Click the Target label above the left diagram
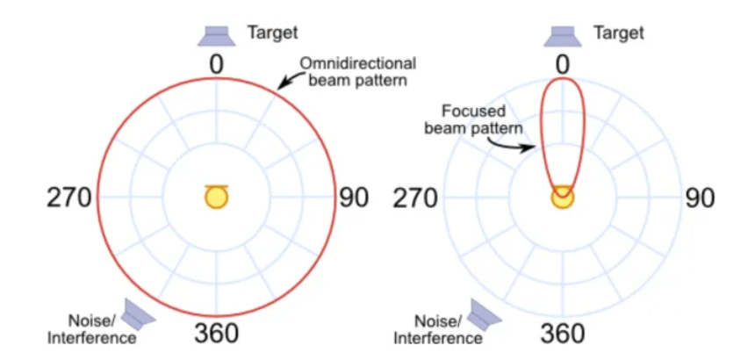tap(272, 32)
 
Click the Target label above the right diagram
tap(619, 32)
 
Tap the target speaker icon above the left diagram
tap(214, 34)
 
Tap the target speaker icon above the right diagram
tap(561, 34)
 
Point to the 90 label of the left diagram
tap(354, 198)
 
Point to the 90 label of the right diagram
tap(700, 198)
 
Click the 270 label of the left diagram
tap(68, 198)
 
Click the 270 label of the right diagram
tap(414, 198)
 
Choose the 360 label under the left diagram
tap(215, 335)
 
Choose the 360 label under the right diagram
tap(562, 335)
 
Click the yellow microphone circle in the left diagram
tap(215, 198)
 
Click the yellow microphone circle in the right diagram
tap(562, 198)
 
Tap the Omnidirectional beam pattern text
tap(357, 71)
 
